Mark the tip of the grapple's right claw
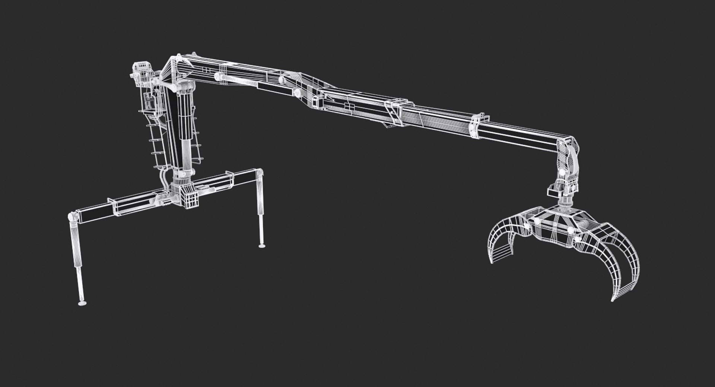[x=613, y=299]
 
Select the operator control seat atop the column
[x=142, y=71]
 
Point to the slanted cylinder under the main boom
[x=238, y=81]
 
